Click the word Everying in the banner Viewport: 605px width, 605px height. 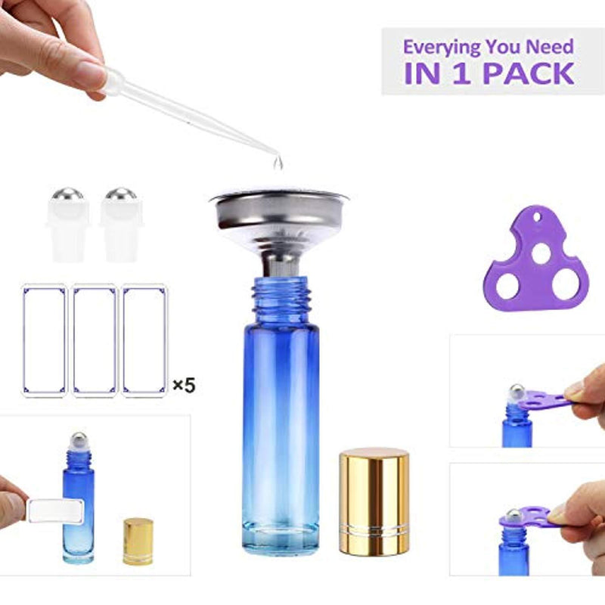(442, 48)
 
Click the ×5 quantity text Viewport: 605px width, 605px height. (184, 385)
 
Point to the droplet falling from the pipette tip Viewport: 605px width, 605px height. (278, 163)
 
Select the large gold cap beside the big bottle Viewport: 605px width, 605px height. (374, 501)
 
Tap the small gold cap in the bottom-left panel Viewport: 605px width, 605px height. (138, 541)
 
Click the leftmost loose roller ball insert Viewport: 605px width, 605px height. (67, 225)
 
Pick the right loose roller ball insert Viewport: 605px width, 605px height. (121, 225)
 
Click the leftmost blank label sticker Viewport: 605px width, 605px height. (45, 341)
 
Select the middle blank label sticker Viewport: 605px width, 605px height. (94, 341)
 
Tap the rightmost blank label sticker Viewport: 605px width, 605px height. (144, 341)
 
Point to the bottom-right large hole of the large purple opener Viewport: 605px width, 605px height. (565, 284)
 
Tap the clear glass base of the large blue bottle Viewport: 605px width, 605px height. (281, 537)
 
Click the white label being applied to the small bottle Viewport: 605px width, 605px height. (56, 511)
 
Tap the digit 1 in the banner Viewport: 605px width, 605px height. (461, 73)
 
